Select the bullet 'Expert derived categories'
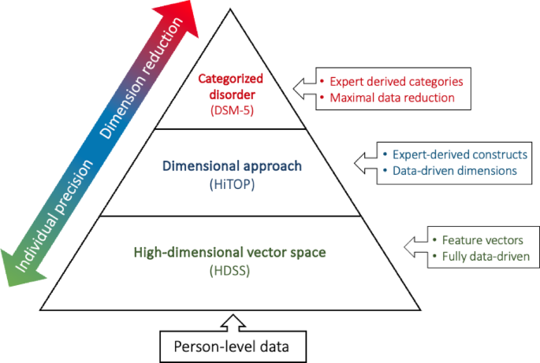click(x=394, y=81)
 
